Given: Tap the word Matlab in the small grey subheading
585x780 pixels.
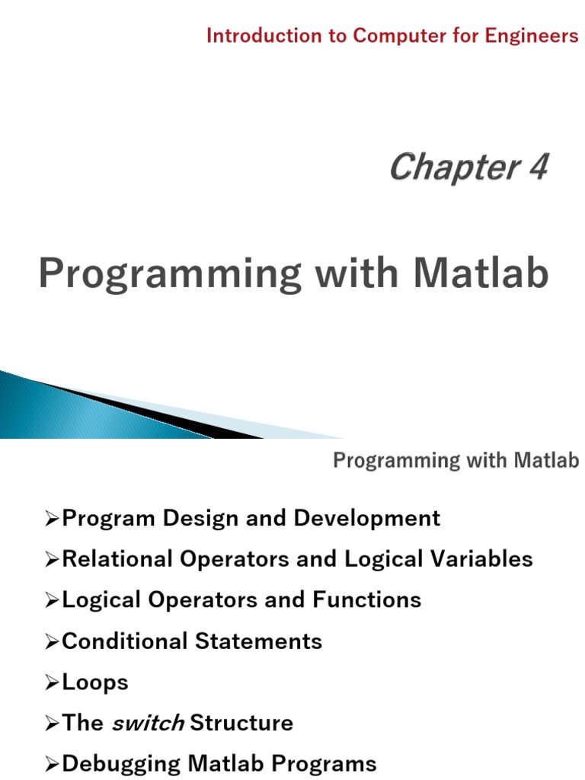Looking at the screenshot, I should pyautogui.click(x=546, y=460).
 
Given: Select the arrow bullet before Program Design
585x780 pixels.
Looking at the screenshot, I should pyautogui.click(x=52, y=519).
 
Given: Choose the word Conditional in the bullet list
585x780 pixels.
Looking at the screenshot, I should pyautogui.click(x=124, y=641).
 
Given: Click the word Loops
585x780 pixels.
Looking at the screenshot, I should pyautogui.click(x=94, y=682).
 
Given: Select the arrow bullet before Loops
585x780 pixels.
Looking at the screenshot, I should pyautogui.click(x=52, y=682).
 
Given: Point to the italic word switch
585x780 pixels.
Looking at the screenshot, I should pyautogui.click(x=148, y=722).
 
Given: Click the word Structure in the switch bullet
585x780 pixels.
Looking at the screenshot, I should pyautogui.click(x=241, y=722).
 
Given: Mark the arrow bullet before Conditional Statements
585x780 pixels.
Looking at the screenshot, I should pyautogui.click(x=52, y=641).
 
